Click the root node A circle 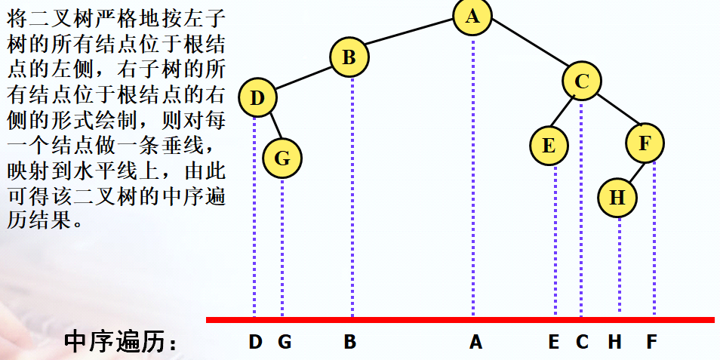(472, 17)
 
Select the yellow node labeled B (349, 57)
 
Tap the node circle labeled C (581, 82)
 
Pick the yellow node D (257, 98)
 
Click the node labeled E (549, 146)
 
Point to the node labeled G (282, 158)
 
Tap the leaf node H (617, 198)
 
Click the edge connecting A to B (411, 37)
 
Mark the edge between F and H (632, 171)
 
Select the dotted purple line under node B (352, 196)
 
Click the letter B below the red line (349, 342)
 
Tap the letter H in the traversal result (615, 342)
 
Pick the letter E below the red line (554, 342)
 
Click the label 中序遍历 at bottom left (121, 342)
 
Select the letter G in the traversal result (285, 342)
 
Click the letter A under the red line (475, 342)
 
